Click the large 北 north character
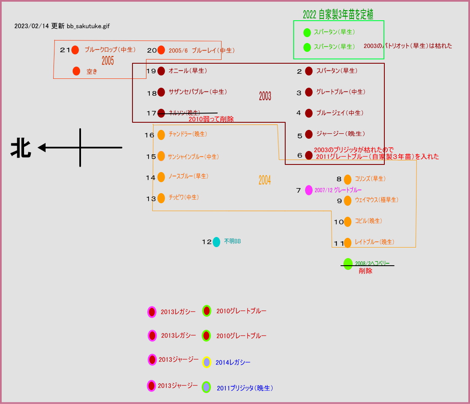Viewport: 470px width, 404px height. [x=21, y=148]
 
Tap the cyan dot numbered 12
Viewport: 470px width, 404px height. [x=216, y=242]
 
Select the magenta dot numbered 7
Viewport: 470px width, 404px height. [x=309, y=190]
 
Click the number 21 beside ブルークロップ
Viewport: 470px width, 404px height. [x=65, y=50]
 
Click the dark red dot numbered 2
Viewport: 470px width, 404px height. [x=309, y=71]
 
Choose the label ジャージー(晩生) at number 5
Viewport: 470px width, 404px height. [x=340, y=134]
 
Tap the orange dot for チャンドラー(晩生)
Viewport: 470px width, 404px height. [x=161, y=135]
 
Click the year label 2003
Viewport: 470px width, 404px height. [x=265, y=96]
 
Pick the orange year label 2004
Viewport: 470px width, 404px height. [x=265, y=180]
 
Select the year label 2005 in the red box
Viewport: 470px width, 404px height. [x=108, y=61]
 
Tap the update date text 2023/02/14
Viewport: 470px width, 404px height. [x=32, y=26]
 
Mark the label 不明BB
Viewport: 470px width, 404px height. [x=232, y=242]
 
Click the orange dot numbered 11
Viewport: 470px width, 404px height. [x=348, y=242]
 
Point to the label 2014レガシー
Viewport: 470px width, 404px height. [x=233, y=362]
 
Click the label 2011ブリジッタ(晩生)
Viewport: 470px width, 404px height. [x=245, y=388]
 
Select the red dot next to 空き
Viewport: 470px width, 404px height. [x=76, y=71]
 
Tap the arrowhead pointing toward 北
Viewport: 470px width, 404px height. [x=41, y=148]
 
